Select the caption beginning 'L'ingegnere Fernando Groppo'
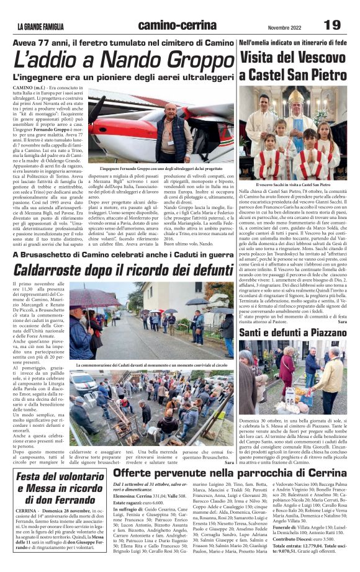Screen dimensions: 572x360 pos(160,168)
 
